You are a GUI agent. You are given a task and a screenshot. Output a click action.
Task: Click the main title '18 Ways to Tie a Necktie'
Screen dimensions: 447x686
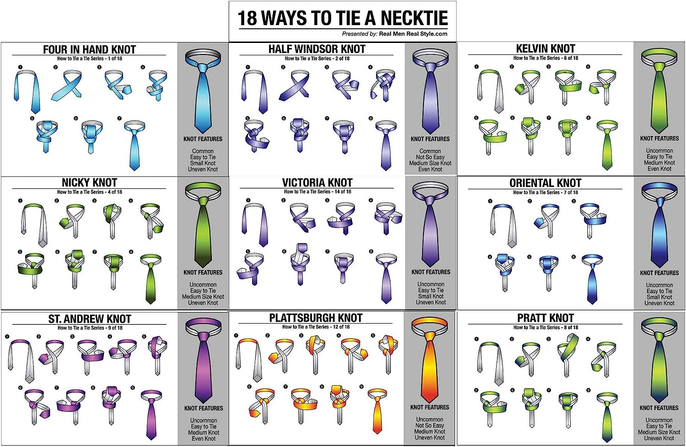[343, 18]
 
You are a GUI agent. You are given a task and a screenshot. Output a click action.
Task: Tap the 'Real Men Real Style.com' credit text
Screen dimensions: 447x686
[413, 34]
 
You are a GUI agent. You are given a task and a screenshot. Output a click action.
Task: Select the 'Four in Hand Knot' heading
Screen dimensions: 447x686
[89, 49]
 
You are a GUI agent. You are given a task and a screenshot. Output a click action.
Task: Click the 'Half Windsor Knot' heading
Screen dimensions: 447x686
[316, 49]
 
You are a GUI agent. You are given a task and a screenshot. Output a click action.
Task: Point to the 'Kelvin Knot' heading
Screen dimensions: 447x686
[545, 48]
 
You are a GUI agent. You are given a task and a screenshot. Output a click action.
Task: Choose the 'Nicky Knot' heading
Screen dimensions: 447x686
[89, 183]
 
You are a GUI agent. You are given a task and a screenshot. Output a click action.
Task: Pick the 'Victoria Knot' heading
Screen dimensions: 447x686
[316, 183]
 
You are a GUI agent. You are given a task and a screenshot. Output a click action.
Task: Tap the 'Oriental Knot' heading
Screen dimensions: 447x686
[545, 183]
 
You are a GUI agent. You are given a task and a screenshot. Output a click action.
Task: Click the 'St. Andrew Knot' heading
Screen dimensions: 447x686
[90, 319]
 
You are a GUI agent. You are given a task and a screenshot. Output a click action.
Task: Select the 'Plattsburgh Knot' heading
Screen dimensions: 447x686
[316, 318]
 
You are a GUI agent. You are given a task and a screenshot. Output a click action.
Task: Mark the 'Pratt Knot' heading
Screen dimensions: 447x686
[545, 318]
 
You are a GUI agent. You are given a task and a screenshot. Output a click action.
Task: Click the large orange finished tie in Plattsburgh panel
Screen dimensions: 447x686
[429, 366]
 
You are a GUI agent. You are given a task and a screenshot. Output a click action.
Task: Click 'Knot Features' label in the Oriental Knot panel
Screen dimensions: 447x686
[659, 273]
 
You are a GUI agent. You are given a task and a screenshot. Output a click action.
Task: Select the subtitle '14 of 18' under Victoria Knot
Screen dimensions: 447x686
[343, 192]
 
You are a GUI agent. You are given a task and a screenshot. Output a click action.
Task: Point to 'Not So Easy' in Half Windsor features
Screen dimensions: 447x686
[430, 157]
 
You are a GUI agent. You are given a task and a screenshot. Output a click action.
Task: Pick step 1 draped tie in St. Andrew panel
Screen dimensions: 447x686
[21, 361]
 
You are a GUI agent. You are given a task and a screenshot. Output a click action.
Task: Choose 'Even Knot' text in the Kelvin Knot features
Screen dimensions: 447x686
[659, 169]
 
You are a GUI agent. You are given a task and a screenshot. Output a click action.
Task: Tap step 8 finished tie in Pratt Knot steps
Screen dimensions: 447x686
[607, 416]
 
